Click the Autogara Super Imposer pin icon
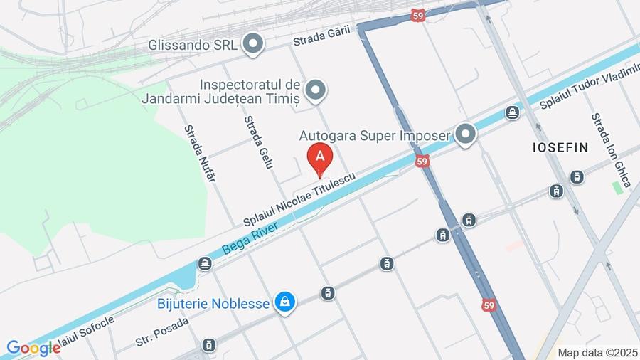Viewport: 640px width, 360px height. pyautogui.click(x=465, y=134)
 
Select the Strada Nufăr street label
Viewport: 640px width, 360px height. pyautogui.click(x=200, y=153)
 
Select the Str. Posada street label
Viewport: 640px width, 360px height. pyautogui.click(x=162, y=332)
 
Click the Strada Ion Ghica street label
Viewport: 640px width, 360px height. pyautogui.click(x=611, y=150)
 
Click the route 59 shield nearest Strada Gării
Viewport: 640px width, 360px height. pyautogui.click(x=419, y=16)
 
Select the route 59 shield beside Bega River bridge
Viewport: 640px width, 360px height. pyautogui.click(x=423, y=162)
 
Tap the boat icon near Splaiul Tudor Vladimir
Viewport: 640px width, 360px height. pyautogui.click(x=512, y=112)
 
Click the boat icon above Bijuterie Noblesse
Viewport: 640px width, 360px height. pyautogui.click(x=206, y=264)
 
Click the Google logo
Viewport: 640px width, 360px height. pyautogui.click(x=33, y=348)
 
